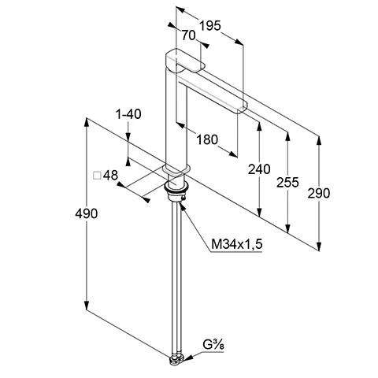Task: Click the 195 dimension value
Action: click(210, 26)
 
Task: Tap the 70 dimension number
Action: click(188, 35)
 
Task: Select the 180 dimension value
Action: click(207, 139)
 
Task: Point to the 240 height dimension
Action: click(259, 169)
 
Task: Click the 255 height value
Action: click(287, 183)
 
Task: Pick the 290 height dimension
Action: click(319, 193)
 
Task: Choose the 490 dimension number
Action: click(86, 213)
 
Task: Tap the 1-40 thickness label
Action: click(128, 114)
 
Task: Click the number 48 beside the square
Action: click(110, 176)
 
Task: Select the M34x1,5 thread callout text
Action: click(237, 244)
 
